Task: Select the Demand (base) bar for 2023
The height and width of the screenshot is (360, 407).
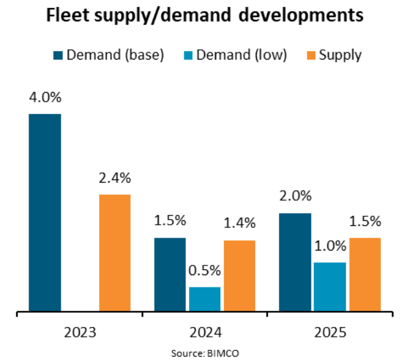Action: [45, 213]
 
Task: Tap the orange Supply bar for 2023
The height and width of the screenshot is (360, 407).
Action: [115, 253]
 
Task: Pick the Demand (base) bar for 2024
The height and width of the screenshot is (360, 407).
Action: [170, 275]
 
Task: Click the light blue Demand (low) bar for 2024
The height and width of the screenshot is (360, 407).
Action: [204, 300]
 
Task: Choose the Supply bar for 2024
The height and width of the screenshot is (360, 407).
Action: [239, 276]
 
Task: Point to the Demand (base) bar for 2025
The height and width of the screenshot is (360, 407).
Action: [296, 263]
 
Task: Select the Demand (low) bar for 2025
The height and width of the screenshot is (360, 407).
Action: [330, 287]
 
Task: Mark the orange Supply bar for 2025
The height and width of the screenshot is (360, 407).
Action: [365, 275]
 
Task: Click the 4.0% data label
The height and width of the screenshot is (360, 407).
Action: [45, 98]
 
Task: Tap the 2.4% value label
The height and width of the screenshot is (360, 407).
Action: [115, 178]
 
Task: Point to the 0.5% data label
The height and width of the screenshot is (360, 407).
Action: [204, 271]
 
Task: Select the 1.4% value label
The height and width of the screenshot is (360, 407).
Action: [239, 223]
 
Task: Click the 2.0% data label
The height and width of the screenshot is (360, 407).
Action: [296, 196]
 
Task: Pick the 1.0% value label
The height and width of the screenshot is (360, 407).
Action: [330, 246]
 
